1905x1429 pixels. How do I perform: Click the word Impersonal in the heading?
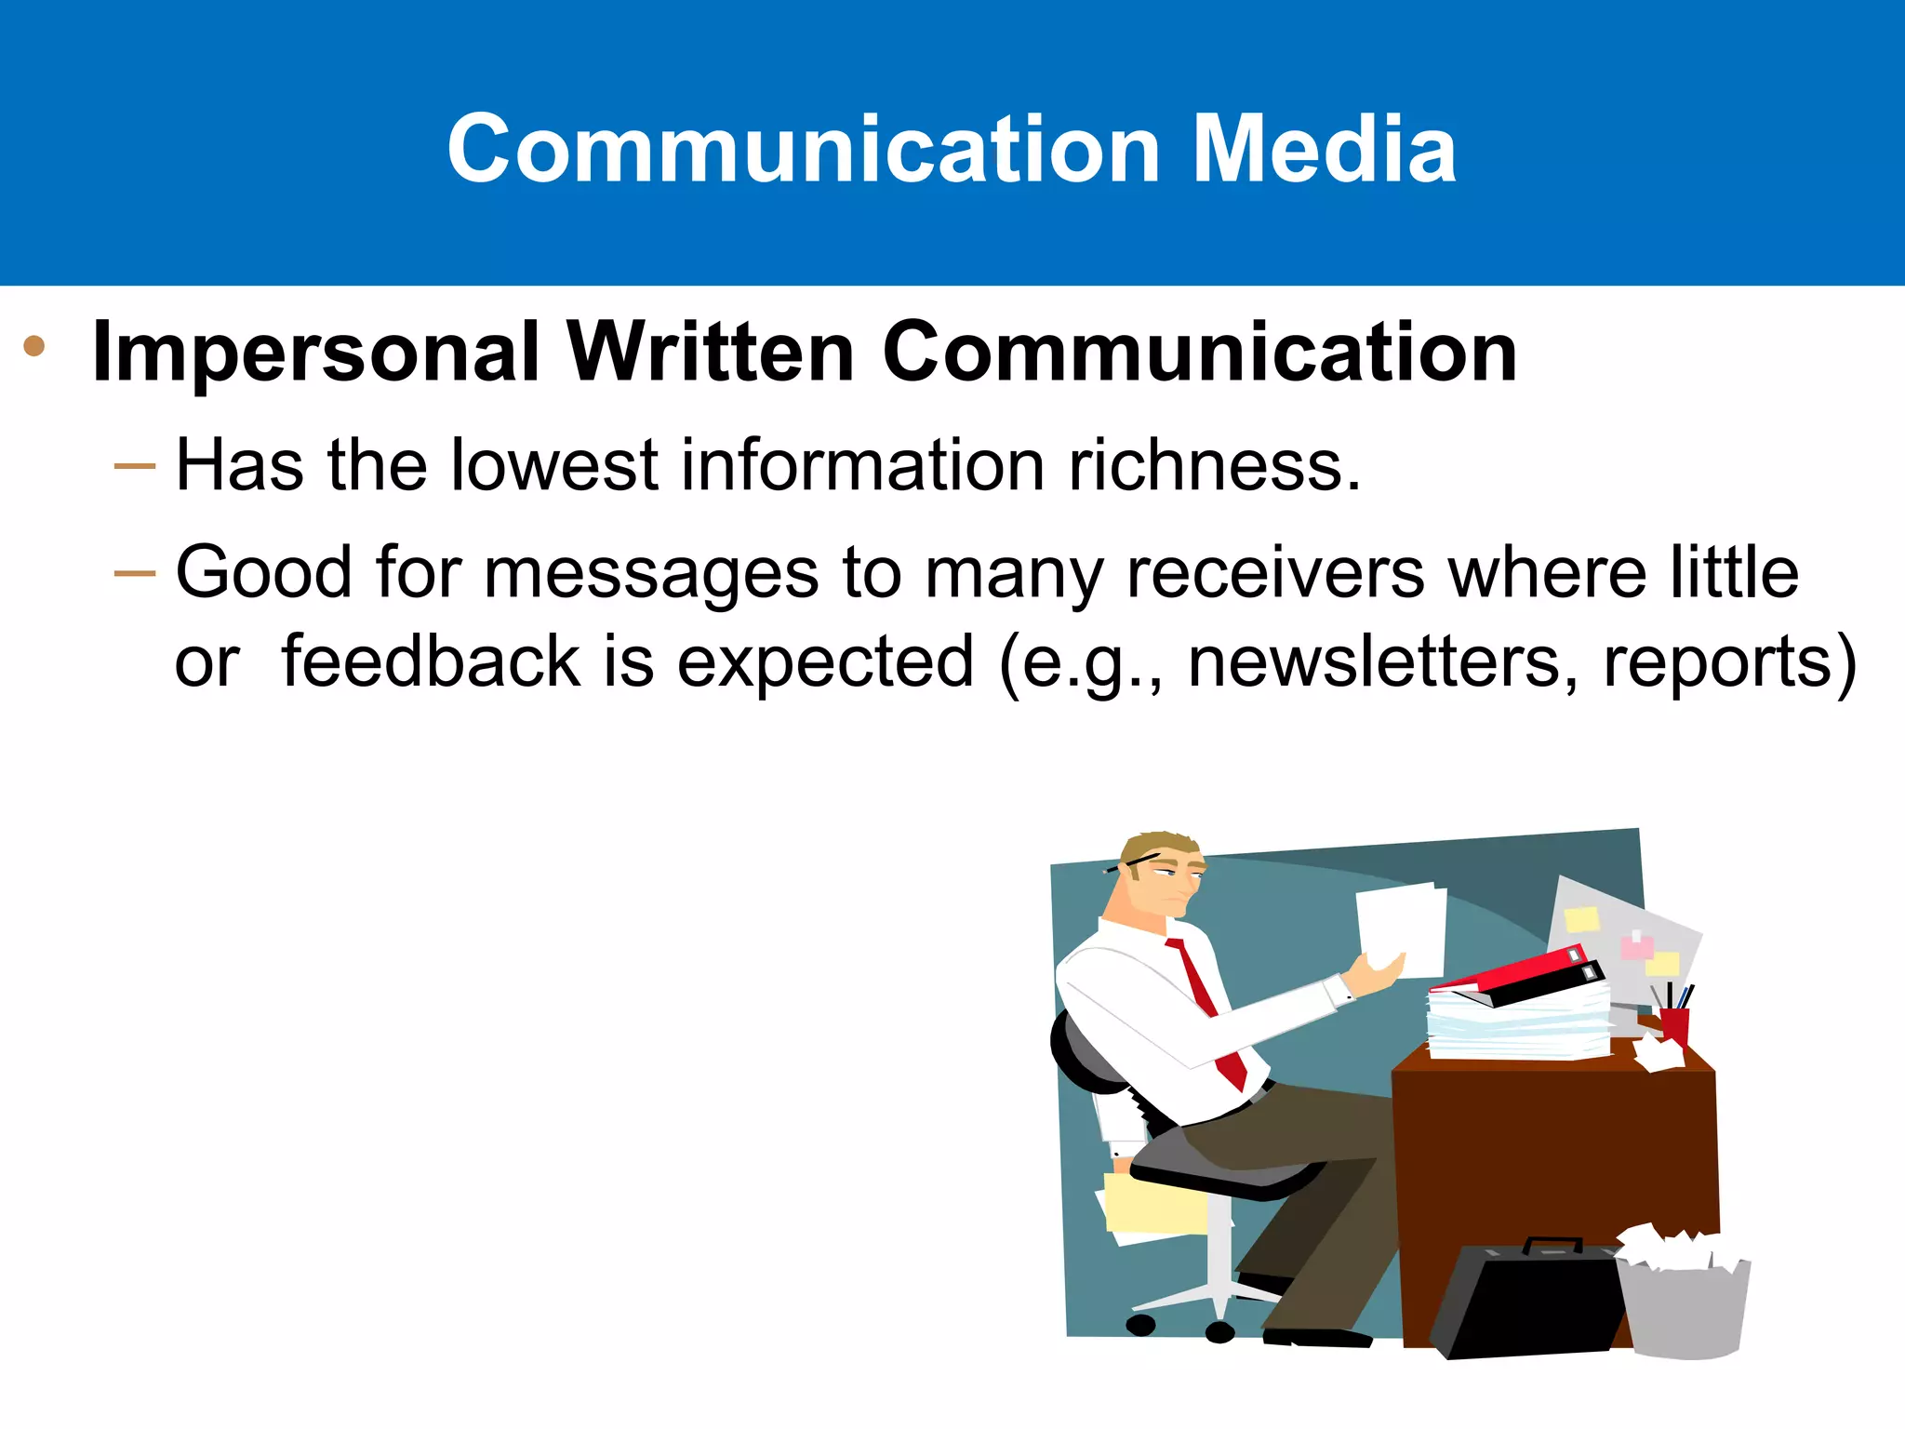pyautogui.click(x=315, y=353)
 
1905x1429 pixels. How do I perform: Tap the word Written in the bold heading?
pyautogui.click(x=711, y=353)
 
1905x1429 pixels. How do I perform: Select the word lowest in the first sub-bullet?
pyautogui.click(x=554, y=464)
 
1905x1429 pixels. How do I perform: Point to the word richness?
pyautogui.click(x=1214, y=464)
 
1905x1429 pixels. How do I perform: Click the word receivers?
pyautogui.click(x=1274, y=571)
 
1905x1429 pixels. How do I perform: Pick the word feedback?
pyautogui.click(x=431, y=661)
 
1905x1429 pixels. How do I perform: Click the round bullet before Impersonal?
pyautogui.click(x=34, y=346)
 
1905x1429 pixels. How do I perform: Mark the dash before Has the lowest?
pyautogui.click(x=134, y=466)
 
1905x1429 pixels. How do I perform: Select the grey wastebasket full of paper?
pyautogui.click(x=1684, y=1302)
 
